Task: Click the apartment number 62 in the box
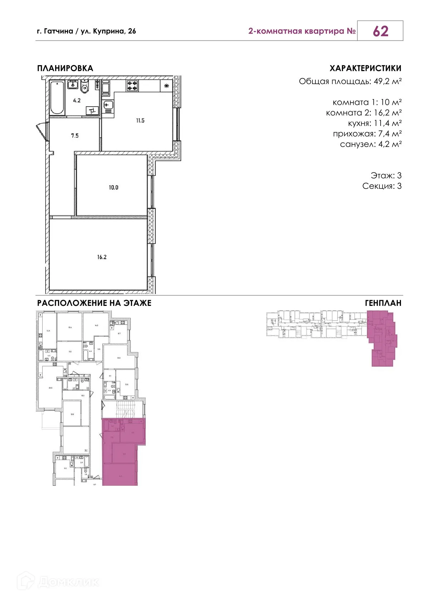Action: pos(380,31)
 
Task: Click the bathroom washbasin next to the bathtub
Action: pos(73,85)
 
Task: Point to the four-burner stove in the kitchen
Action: pos(132,85)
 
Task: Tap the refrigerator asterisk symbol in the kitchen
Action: pos(166,86)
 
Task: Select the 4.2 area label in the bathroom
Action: pos(77,101)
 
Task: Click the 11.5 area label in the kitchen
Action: pos(140,121)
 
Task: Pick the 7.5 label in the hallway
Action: pos(74,136)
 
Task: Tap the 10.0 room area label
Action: pos(113,187)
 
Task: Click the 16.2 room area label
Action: pos(102,257)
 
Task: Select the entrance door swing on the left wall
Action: pos(43,131)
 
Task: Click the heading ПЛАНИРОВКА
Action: pos(65,68)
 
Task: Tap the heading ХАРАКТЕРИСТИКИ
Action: pos(365,68)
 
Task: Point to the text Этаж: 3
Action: pos(386,176)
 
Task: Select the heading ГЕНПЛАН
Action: pos(383,303)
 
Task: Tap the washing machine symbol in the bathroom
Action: pos(92,111)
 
